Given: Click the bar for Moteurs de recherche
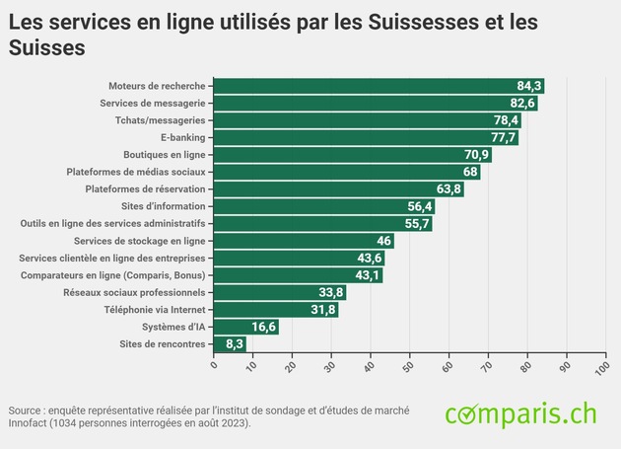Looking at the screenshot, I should (x=379, y=86).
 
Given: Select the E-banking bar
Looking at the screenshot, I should (x=366, y=137).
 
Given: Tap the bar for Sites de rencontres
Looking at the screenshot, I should (x=230, y=344).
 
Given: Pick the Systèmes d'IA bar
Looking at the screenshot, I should (x=246, y=327).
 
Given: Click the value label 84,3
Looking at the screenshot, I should (x=529, y=86).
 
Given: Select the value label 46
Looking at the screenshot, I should (x=383, y=241).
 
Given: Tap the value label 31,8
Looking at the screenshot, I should (x=323, y=310).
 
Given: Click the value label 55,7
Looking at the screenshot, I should (x=418, y=224).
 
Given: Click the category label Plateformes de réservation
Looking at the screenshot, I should (x=145, y=189).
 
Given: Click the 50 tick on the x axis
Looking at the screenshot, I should (x=409, y=366).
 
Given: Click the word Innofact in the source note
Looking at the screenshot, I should (x=27, y=423).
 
